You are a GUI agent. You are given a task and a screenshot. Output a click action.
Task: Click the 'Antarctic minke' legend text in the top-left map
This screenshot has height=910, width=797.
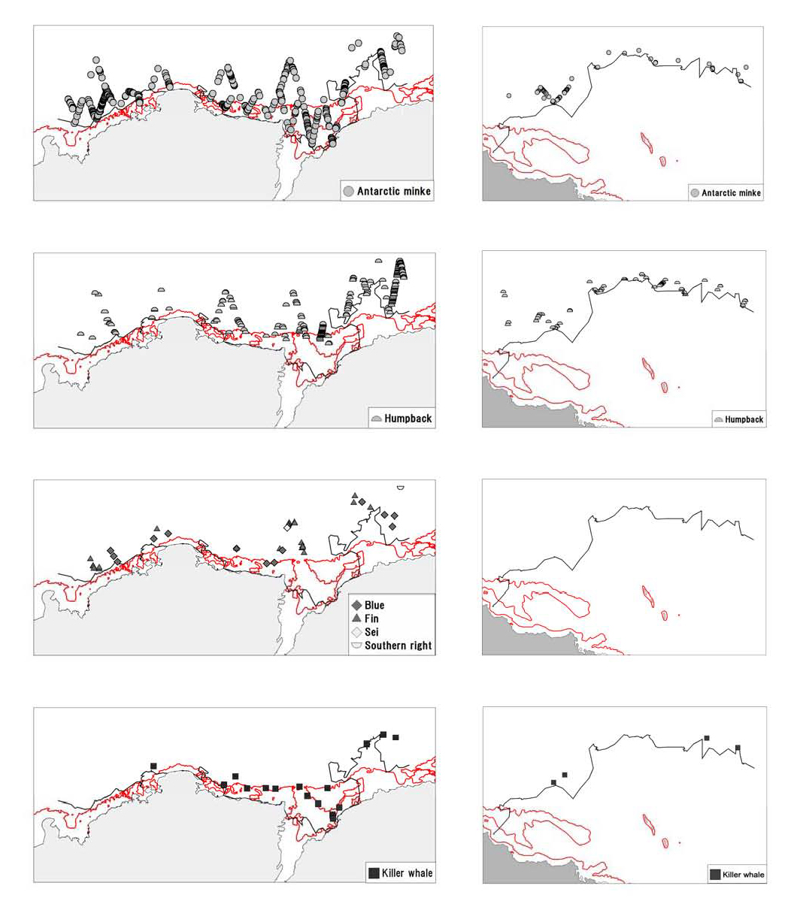click(x=393, y=191)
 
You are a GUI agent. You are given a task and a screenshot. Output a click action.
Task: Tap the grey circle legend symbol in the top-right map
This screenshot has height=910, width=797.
click(x=694, y=193)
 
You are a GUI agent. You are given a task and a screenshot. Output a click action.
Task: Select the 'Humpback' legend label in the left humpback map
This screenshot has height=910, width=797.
click(x=408, y=419)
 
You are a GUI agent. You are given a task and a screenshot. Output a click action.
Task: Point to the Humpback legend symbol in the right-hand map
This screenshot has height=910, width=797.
click(x=718, y=419)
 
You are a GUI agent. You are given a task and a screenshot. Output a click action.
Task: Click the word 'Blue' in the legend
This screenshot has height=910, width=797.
click(x=374, y=605)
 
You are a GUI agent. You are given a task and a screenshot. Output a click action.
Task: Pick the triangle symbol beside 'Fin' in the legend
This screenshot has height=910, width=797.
click(x=356, y=618)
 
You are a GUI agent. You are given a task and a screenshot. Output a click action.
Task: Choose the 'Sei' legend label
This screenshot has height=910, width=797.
click(x=371, y=632)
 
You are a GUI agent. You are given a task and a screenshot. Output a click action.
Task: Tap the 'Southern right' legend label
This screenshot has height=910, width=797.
click(x=398, y=645)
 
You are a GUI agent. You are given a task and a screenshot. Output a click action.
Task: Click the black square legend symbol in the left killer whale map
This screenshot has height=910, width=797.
click(x=374, y=872)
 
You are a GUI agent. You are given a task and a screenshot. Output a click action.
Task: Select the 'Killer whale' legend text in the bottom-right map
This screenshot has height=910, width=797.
click(x=743, y=875)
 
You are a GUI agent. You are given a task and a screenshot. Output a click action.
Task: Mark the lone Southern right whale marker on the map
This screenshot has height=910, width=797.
click(x=400, y=487)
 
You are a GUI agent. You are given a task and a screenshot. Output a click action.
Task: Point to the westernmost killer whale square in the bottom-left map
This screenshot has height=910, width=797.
click(x=153, y=766)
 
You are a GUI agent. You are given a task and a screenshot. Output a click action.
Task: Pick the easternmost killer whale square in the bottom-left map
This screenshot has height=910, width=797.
click(x=395, y=737)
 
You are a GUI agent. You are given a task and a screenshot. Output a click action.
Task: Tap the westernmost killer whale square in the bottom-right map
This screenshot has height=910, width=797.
click(x=553, y=782)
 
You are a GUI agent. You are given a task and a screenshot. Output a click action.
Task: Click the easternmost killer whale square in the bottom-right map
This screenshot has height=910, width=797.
click(x=738, y=747)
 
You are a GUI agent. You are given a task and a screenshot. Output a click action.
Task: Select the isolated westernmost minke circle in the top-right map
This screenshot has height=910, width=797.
click(x=509, y=95)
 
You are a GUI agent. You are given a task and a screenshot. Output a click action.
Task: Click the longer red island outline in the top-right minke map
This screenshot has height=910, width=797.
click(x=645, y=141)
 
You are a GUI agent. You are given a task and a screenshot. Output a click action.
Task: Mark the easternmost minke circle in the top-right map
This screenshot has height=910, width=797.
click(x=747, y=67)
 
